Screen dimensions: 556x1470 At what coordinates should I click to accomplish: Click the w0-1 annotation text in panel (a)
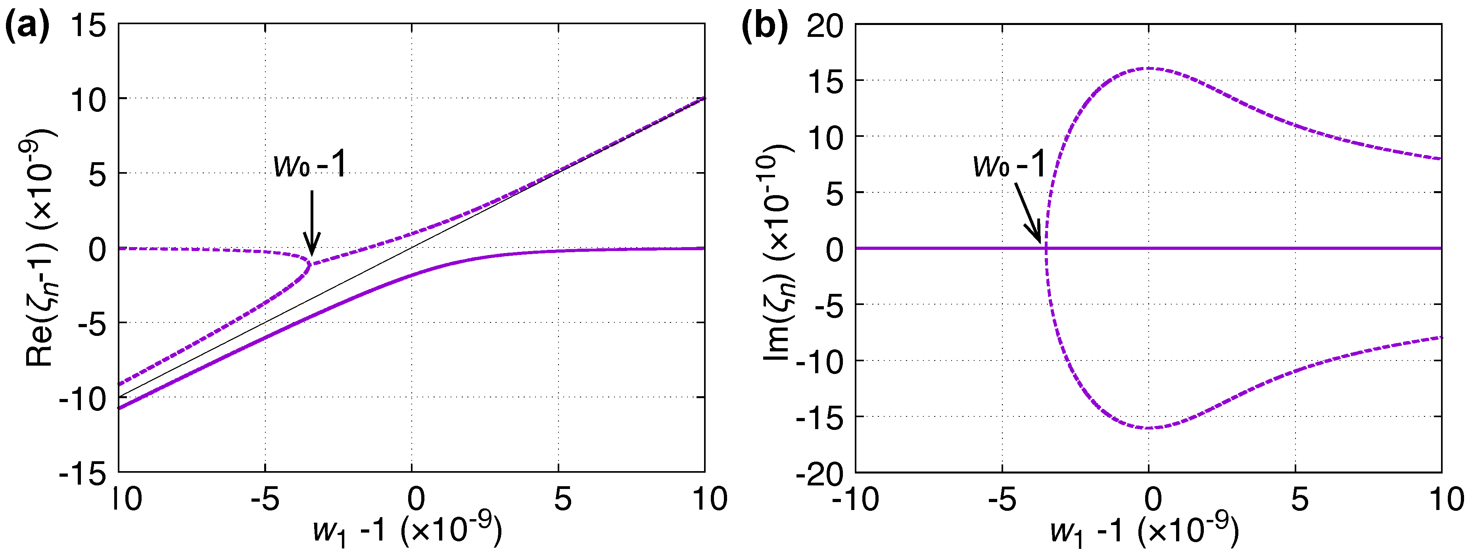click(310, 165)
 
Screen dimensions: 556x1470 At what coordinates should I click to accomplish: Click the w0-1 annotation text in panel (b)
click(1009, 165)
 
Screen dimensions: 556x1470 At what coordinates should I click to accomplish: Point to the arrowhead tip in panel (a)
click(312, 255)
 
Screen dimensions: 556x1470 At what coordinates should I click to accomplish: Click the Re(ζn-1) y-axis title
click(40, 248)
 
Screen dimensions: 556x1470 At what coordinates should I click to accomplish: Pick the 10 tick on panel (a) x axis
click(709, 500)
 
